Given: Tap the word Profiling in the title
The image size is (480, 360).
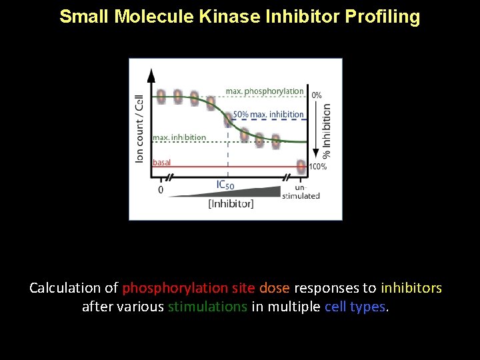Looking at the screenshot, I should [x=382, y=17].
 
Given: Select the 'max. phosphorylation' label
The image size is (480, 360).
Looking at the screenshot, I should [x=265, y=91].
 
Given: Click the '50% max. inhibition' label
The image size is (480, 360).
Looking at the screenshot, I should [x=268, y=115].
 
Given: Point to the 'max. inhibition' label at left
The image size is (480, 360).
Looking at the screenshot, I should [x=179, y=137].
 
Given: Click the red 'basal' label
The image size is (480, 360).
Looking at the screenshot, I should [x=162, y=163].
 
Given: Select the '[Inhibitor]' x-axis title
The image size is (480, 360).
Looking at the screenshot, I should [x=231, y=204].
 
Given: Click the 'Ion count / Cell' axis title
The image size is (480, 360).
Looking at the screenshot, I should [x=139, y=128].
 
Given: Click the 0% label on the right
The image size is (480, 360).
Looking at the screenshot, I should [x=317, y=95].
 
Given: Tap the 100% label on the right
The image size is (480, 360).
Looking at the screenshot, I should [x=317, y=167].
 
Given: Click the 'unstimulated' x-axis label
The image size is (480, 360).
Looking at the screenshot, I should [x=301, y=192].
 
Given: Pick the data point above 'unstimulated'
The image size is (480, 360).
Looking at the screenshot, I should [x=301, y=166].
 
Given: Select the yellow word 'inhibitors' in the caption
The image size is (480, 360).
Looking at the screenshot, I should [x=411, y=289].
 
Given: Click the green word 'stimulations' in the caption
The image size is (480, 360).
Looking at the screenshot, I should [x=207, y=307].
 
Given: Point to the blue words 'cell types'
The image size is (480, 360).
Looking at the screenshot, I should [x=355, y=307].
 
